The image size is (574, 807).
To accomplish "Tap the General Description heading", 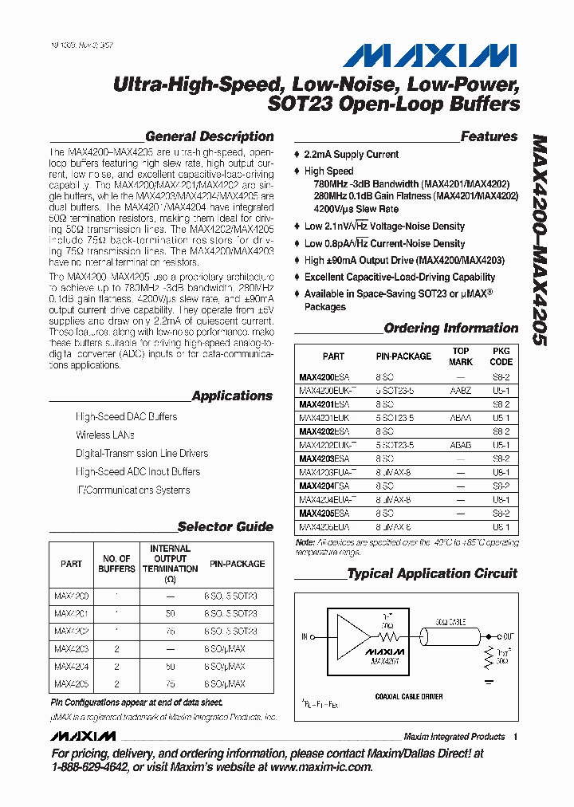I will coord(209,136).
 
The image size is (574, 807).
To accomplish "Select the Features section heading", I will coord(489,136).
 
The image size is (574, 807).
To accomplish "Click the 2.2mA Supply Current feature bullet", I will coord(351,154).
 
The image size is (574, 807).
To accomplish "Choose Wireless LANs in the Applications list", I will coord(104,435).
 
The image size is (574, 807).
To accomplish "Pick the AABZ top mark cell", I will coord(460,391).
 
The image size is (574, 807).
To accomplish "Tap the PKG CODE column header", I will coord(501,356).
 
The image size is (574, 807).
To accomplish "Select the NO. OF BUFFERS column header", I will coord(116,564).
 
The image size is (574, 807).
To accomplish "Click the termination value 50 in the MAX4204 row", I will coord(170,666).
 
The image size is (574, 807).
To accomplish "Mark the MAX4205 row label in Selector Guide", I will coord(72,683).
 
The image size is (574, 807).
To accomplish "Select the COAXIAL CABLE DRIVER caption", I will coord(408,696).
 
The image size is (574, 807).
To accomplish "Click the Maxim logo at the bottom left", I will coord(83,736).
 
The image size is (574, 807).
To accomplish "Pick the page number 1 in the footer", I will coord(516,737).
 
